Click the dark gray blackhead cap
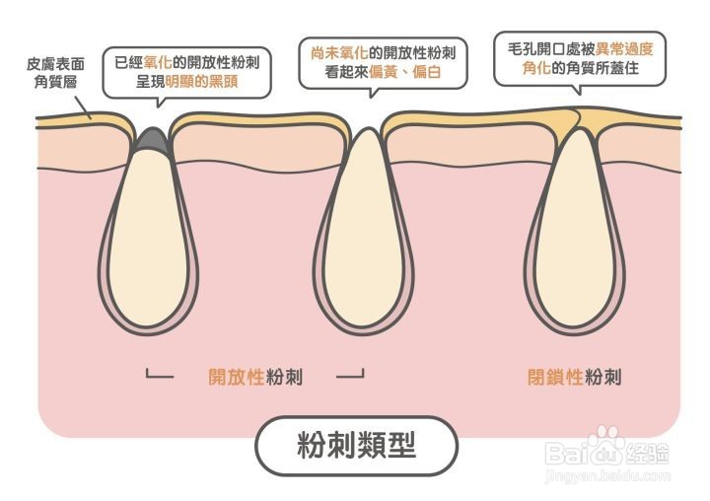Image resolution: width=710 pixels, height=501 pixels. click(x=153, y=139)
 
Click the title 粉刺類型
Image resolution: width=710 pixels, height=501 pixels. click(x=356, y=445)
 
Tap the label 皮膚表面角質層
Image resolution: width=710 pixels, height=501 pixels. click(x=55, y=72)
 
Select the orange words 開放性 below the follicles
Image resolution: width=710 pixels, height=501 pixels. click(x=237, y=377)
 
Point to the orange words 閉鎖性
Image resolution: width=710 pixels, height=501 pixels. click(x=555, y=377)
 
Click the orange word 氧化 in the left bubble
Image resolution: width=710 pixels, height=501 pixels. click(x=158, y=62)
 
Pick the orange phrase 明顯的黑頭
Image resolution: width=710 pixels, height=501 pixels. click(x=201, y=82)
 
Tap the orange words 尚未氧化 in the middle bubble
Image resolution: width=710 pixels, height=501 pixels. click(x=339, y=53)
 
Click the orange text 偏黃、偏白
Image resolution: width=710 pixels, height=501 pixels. click(x=405, y=72)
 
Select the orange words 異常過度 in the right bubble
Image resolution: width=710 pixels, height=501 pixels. click(x=624, y=48)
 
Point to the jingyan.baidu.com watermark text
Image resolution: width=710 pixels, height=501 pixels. click(x=608, y=476)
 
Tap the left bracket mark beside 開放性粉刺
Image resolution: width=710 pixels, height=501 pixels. click(x=160, y=375)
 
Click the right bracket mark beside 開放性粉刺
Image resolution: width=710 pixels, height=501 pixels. click(x=350, y=375)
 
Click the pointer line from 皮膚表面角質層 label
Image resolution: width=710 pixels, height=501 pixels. click(x=83, y=107)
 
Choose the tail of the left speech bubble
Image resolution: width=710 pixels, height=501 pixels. click(x=158, y=102)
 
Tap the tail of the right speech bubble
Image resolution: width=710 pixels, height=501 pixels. click(x=577, y=89)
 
